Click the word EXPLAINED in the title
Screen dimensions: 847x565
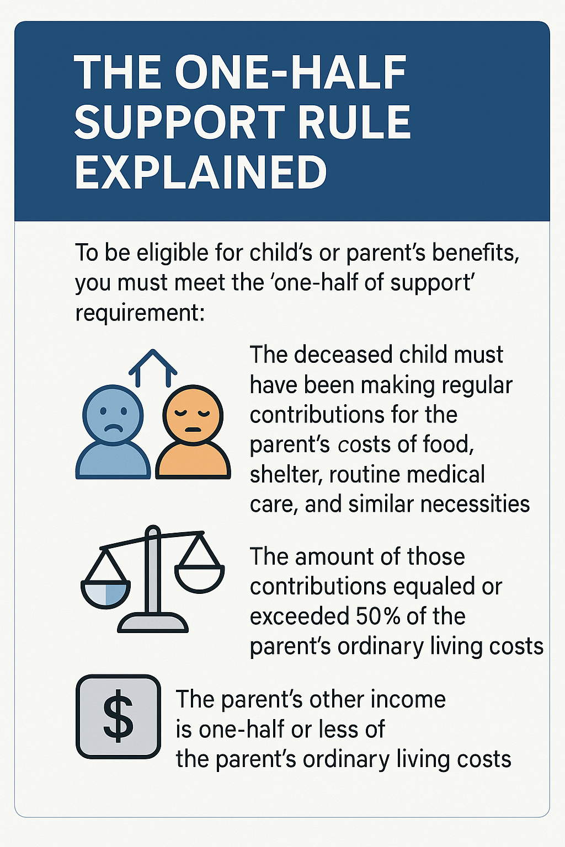pos(201,172)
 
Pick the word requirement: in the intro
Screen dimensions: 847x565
pos(140,313)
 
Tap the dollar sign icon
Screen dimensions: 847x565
pos(118,717)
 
